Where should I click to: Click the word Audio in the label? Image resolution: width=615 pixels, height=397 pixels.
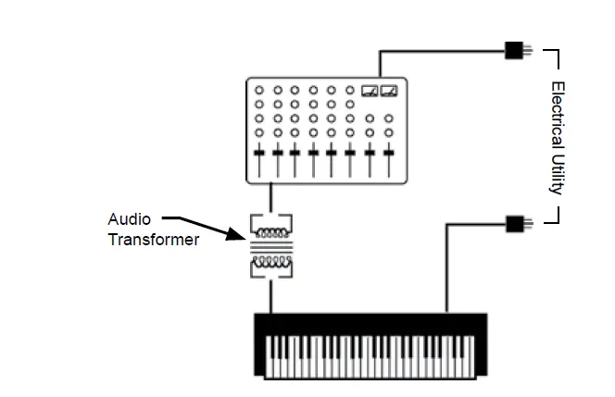[128, 219]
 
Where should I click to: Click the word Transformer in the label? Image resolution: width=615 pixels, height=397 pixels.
[153, 241]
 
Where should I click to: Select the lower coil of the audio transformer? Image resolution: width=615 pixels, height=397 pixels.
[270, 261]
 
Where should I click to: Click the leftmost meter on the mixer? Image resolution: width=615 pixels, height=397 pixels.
[370, 90]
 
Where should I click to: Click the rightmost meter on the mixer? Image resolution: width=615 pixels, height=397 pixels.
[388, 90]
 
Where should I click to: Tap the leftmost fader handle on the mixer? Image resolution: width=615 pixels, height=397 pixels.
[259, 152]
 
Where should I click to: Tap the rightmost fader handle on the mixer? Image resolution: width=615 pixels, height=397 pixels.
[388, 152]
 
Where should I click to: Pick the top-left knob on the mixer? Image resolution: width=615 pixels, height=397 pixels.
[259, 91]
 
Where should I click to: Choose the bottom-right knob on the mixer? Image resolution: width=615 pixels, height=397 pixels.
[388, 132]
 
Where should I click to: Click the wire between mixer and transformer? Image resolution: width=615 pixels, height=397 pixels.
[270, 197]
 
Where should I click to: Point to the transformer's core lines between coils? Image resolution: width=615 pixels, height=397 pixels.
[270, 247]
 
